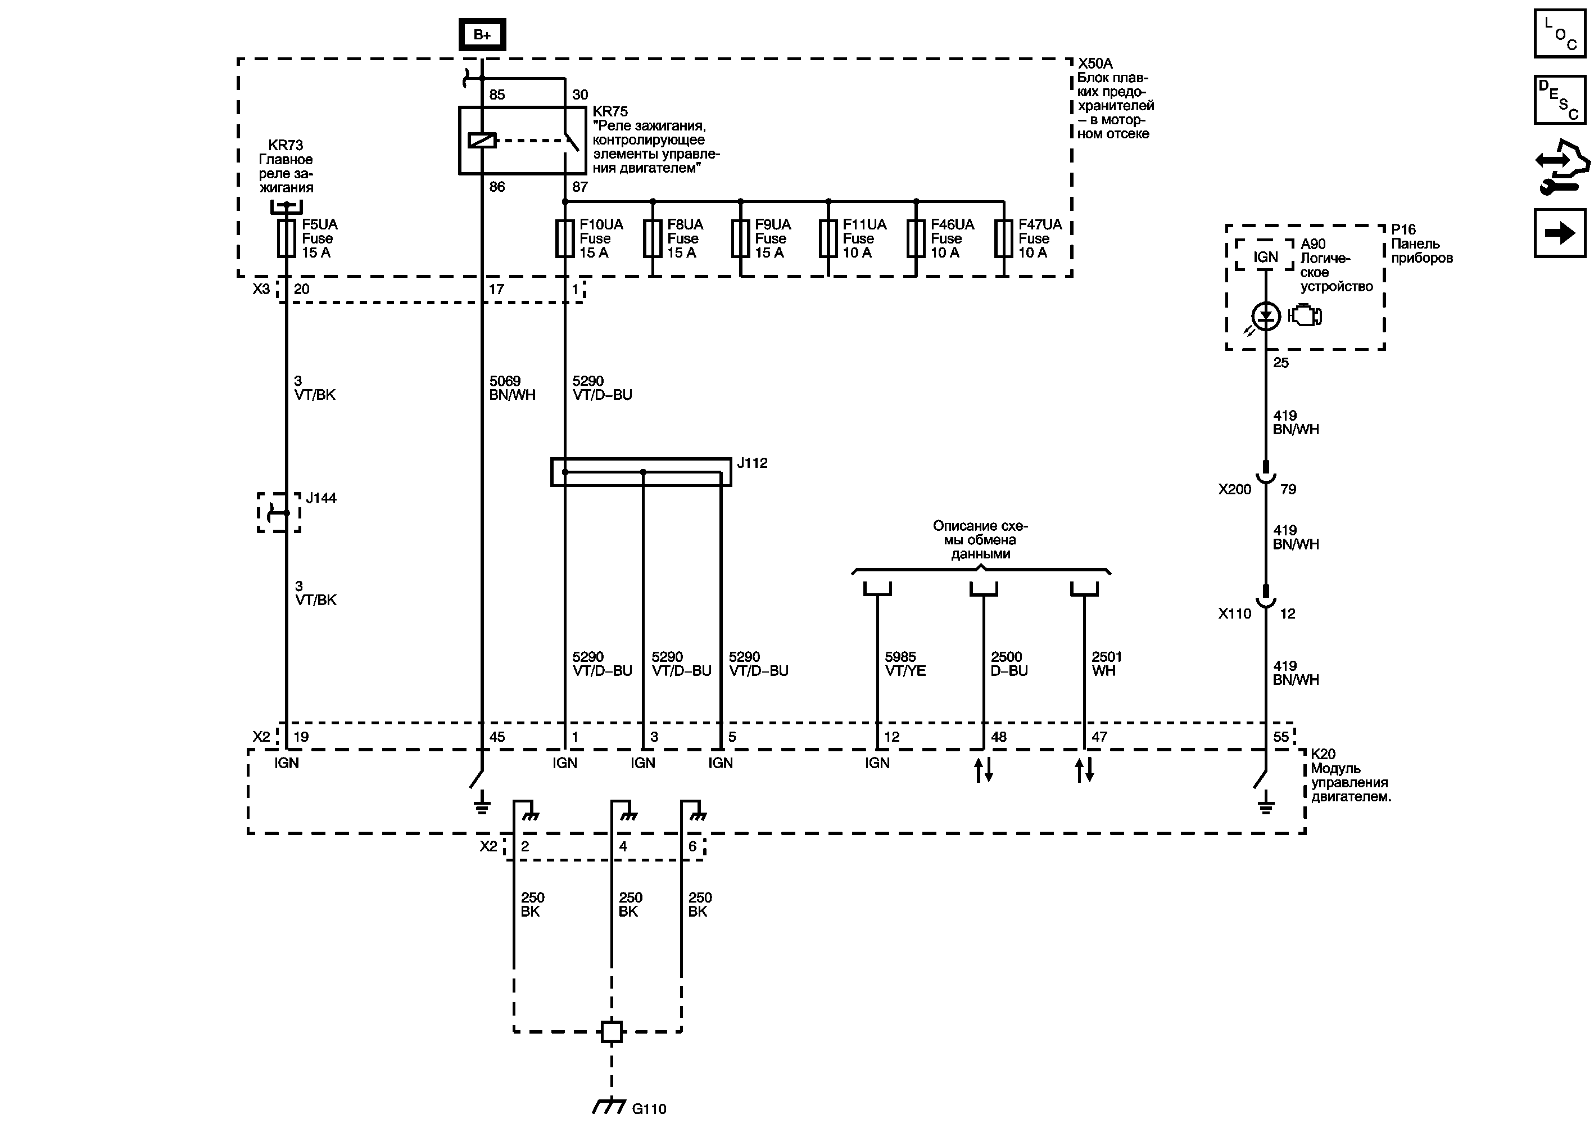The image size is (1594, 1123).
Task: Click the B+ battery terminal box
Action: (482, 35)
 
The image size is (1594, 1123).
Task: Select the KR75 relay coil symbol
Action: (482, 140)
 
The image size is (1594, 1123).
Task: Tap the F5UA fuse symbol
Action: (286, 238)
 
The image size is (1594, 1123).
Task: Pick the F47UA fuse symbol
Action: (1003, 238)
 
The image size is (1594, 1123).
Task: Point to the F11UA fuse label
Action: (864, 225)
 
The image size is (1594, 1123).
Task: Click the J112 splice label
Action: (752, 463)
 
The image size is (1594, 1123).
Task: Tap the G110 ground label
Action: (649, 1108)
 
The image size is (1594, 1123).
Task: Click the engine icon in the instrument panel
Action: (1305, 316)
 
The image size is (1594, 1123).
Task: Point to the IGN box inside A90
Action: (1265, 257)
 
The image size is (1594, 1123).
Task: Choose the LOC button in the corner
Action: (1559, 33)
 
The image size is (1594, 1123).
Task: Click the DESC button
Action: (1559, 100)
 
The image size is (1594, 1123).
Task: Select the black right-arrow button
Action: (1559, 233)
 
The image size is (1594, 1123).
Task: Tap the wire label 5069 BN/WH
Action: (511, 387)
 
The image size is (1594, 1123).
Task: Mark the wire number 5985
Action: (900, 657)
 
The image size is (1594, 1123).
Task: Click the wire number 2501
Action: (1107, 657)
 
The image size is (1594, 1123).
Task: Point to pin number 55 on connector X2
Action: (1281, 737)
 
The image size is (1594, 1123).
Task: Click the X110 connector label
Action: (1234, 614)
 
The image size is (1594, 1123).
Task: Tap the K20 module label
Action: (1323, 754)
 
